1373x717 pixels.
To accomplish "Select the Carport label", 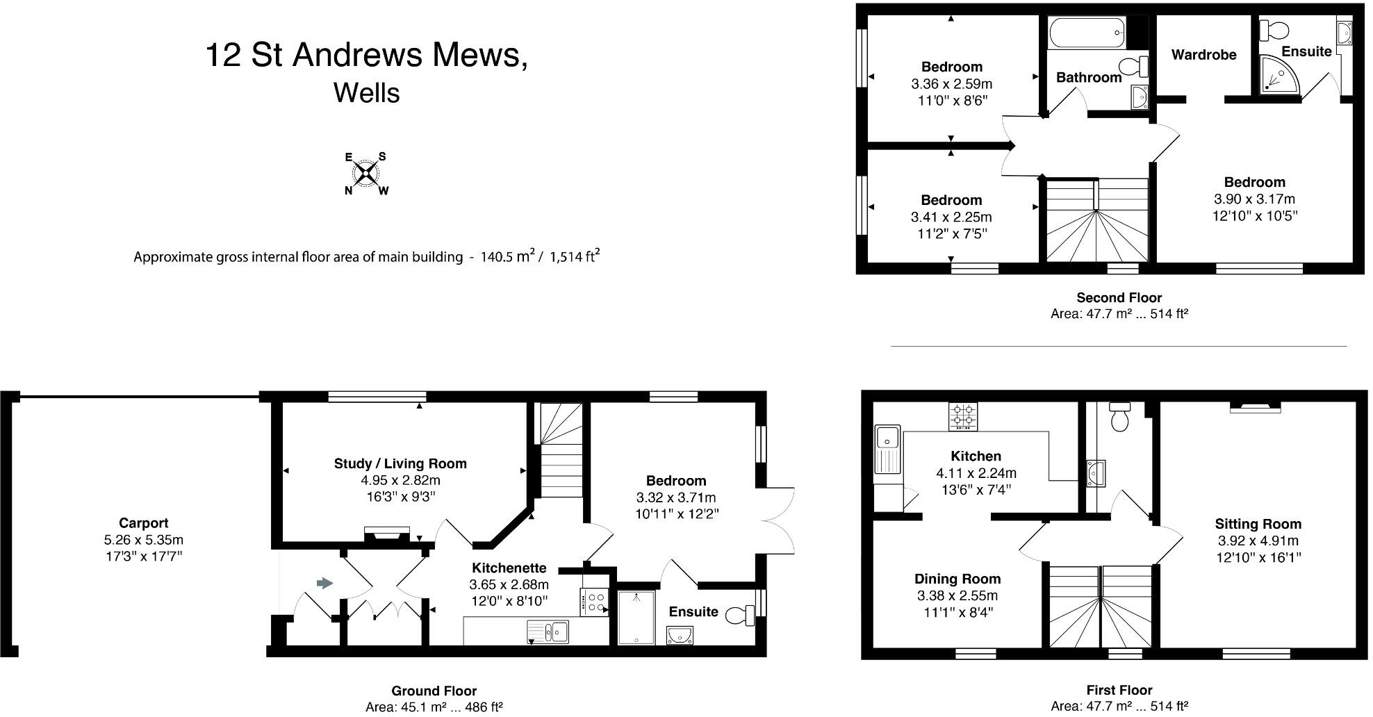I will (143, 523).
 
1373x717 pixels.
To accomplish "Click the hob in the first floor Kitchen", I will (962, 416).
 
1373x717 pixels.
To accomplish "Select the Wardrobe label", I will (1203, 55).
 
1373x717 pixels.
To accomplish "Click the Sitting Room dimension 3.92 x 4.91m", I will (1258, 541).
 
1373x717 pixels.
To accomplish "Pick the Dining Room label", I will (957, 579).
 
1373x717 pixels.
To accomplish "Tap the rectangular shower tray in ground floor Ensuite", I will (636, 617).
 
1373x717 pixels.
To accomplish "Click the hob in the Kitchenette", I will (594, 602).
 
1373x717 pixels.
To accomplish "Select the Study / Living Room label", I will (400, 463).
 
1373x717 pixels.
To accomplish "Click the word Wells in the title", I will (366, 92).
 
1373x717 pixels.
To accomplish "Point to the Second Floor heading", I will (1119, 297).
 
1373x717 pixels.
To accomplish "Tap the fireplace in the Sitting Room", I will (1255, 407).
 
